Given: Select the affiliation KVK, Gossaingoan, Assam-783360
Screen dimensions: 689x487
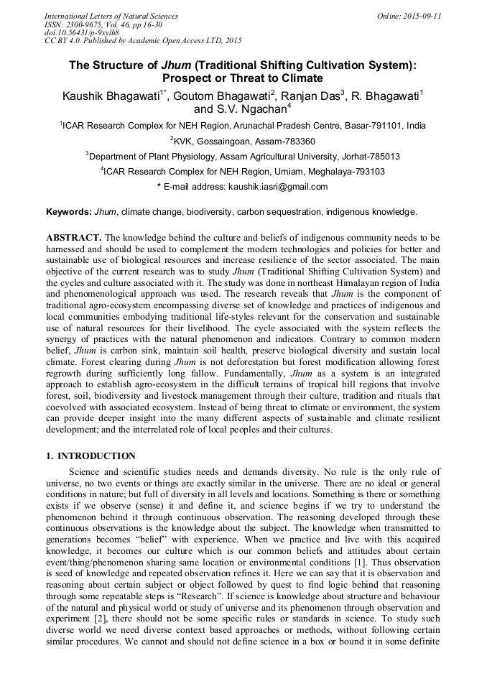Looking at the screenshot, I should click(x=243, y=141).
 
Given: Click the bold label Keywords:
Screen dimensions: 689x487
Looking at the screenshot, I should click(x=69, y=212).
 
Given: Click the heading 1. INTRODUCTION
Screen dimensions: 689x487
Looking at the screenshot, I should click(x=91, y=456).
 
